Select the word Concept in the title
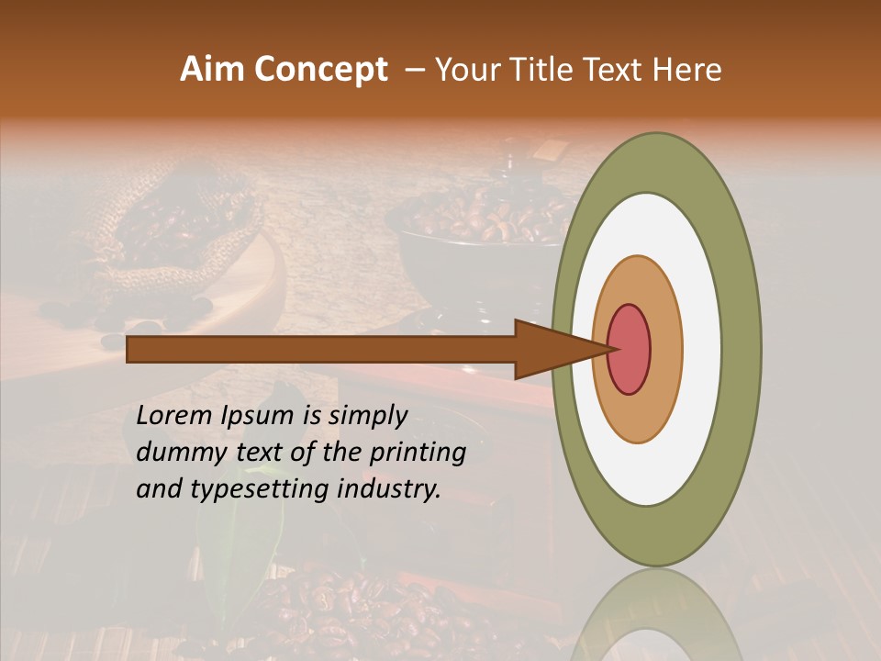(x=322, y=70)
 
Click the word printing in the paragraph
(x=419, y=454)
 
